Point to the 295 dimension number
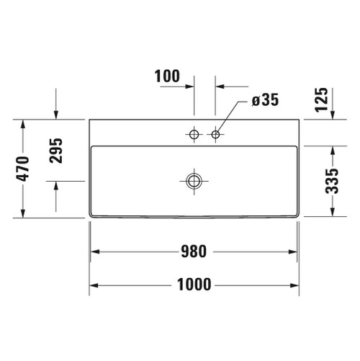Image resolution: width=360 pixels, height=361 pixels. click(57, 150)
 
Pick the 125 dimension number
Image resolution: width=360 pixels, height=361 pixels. click(322, 99)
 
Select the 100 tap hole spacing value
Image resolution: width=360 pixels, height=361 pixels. click(166, 76)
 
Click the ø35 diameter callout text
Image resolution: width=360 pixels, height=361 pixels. click(265, 101)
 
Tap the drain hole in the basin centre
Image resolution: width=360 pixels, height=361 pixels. click(193, 180)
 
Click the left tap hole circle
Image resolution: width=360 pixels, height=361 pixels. click(194, 134)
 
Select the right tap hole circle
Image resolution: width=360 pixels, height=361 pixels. click(215, 134)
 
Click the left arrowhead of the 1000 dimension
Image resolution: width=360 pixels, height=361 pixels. click(94, 285)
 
